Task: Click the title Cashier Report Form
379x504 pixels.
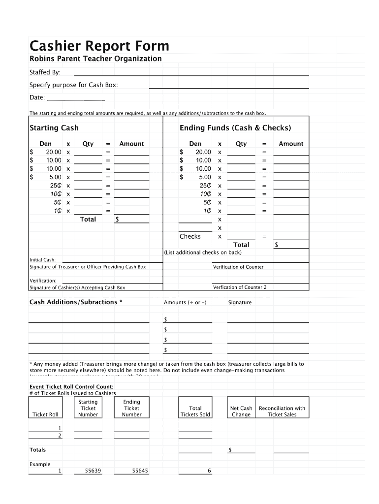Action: tap(99, 46)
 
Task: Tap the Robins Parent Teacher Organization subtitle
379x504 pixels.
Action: tap(95, 59)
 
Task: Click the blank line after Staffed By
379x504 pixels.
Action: tap(191, 73)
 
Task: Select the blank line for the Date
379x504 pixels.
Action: tap(75, 97)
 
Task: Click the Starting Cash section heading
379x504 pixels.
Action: tap(54, 128)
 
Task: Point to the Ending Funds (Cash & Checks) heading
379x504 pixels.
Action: tap(235, 128)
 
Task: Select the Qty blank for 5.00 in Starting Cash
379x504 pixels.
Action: tap(88, 177)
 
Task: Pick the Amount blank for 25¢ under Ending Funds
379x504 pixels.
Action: tap(291, 186)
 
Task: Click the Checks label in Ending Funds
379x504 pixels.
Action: tap(190, 236)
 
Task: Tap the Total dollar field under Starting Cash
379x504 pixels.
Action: tap(132, 220)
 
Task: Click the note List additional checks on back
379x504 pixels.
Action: tap(203, 252)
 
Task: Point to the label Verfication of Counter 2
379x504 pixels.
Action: tap(240, 287)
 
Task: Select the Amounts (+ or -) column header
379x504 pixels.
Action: tap(185, 303)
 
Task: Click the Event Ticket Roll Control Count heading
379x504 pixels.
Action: tap(71, 387)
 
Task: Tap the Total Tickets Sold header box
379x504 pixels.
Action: tap(195, 408)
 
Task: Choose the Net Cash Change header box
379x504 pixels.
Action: tap(241, 408)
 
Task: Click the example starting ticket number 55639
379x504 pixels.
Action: tap(93, 471)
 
